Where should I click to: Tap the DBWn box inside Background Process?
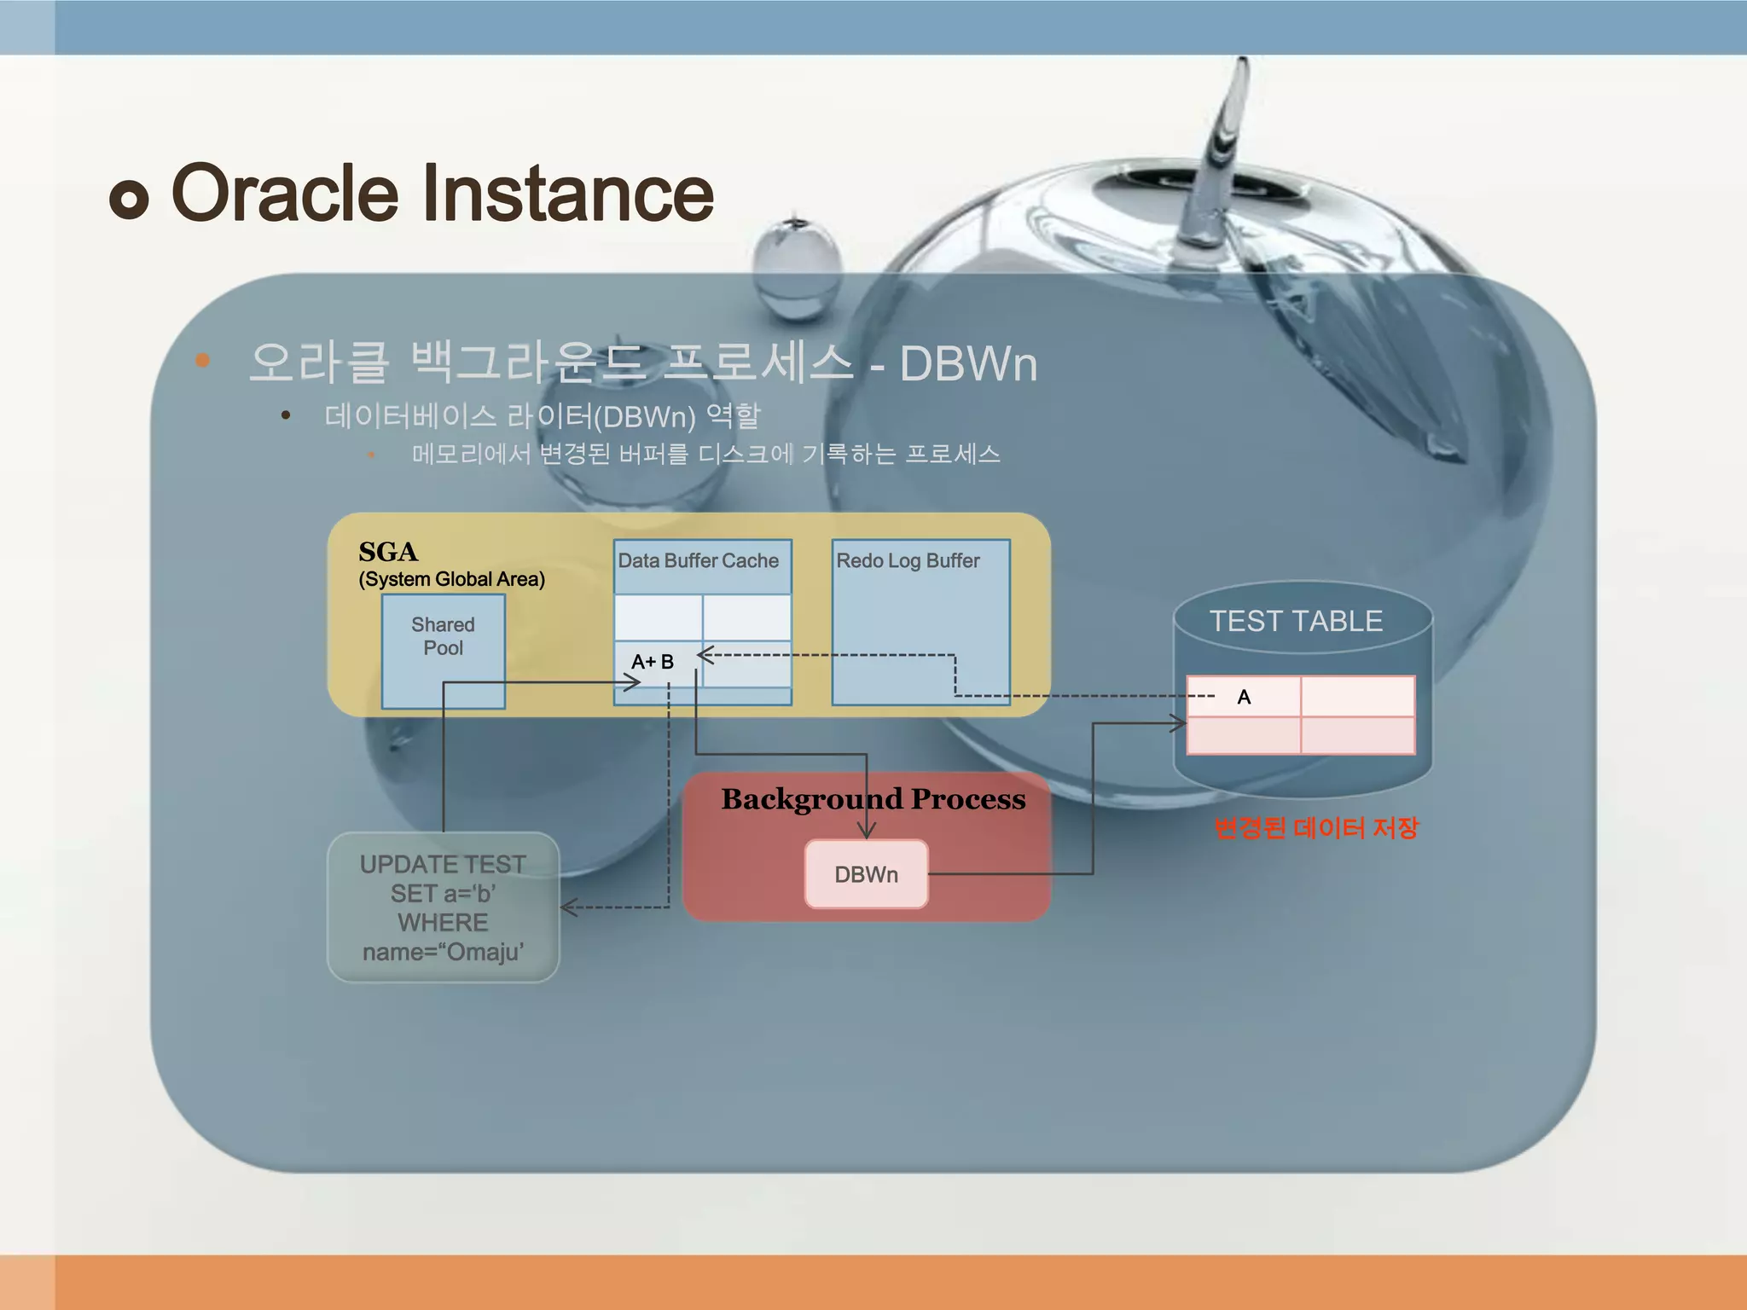coord(866,874)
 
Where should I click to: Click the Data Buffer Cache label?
coord(698,561)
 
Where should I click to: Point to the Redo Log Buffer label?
coord(908,561)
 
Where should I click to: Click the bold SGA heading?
coord(388,552)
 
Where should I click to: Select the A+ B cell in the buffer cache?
coord(653,662)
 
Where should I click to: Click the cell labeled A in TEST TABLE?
coord(1244,697)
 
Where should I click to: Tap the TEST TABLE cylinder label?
coord(1296,621)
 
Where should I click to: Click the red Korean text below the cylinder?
coord(1315,827)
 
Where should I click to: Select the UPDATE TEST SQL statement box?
coord(443,907)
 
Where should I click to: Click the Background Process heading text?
coord(873,799)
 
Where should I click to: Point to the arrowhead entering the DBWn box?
coord(866,831)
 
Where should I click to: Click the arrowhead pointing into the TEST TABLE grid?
coord(1180,723)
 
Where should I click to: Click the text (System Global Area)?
coord(451,579)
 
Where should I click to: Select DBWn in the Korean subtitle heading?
coord(968,364)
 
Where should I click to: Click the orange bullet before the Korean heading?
coord(202,360)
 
